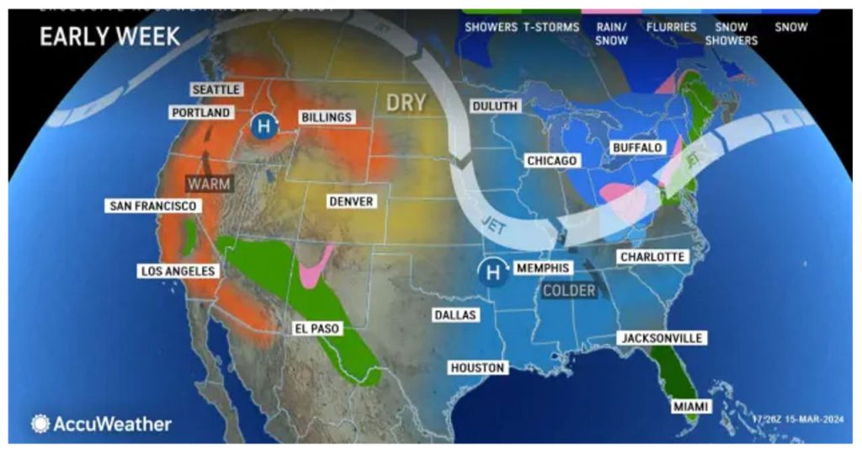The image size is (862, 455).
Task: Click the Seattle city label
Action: point(216,89)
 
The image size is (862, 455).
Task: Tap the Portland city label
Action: point(201,112)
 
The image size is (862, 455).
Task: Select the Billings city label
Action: point(326,117)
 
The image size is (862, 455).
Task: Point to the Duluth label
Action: point(496,106)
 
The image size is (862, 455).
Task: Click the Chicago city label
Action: point(551,160)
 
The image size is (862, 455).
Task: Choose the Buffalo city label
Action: point(637,147)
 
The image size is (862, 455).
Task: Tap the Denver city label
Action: point(351,201)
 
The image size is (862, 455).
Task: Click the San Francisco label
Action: point(152,206)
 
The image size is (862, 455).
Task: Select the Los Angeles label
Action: point(177,271)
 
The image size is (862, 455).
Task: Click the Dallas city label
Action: point(455,315)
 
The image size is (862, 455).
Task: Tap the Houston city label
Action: point(476,367)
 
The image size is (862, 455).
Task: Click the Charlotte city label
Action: point(652,256)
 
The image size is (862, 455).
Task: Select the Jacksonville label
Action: point(661,338)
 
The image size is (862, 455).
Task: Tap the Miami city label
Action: point(689,407)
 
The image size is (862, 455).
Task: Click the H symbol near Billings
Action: point(264,127)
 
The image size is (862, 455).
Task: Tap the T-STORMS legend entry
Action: point(551,27)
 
